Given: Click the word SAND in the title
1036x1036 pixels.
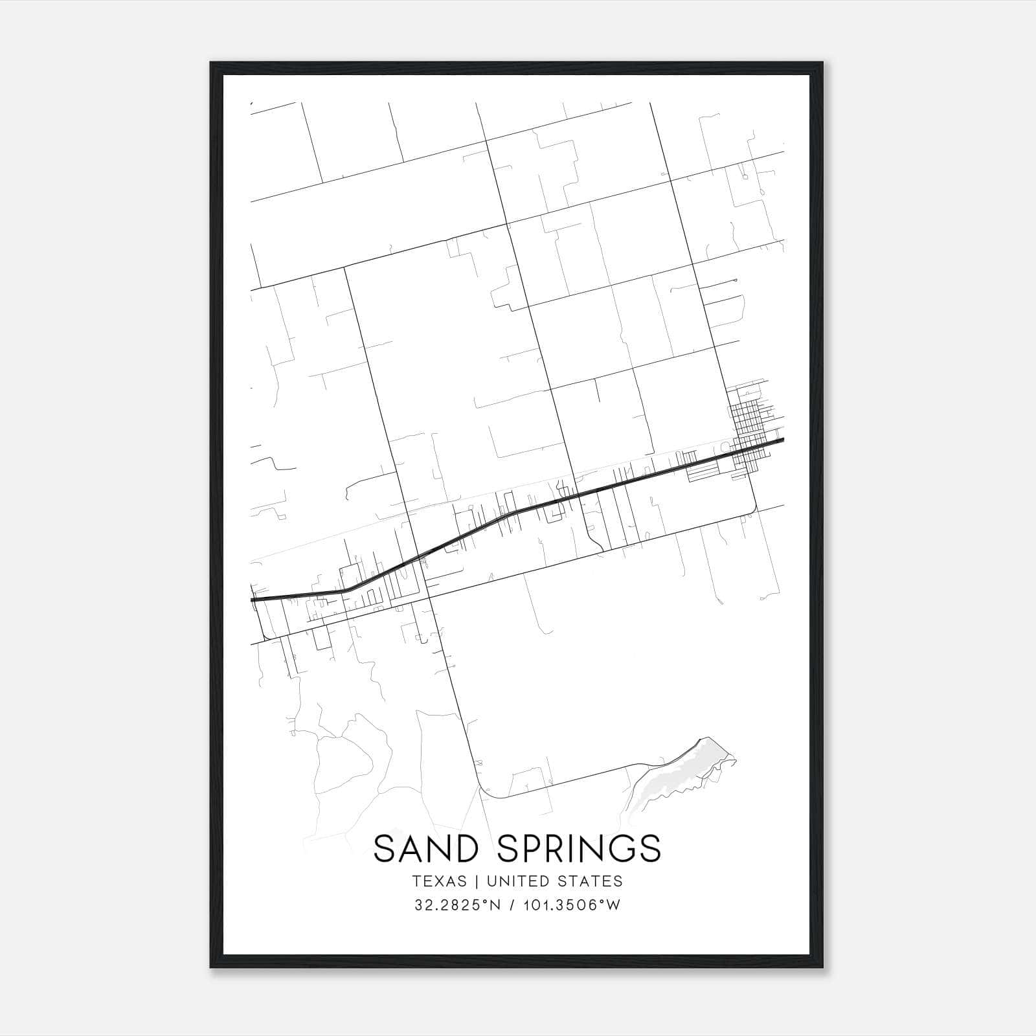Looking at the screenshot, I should (429, 848).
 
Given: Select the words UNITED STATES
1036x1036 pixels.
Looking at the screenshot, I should (554, 881).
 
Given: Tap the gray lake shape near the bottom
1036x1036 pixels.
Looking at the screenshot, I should (686, 774).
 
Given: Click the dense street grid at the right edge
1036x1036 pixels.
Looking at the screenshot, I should (751, 427).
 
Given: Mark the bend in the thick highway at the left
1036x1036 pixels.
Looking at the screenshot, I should (344, 591).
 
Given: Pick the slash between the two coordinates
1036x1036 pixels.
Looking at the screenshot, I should (512, 905).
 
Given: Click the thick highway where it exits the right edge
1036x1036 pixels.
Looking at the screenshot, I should (782, 440).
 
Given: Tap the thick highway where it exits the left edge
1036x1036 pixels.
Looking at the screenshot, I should (253, 600).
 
